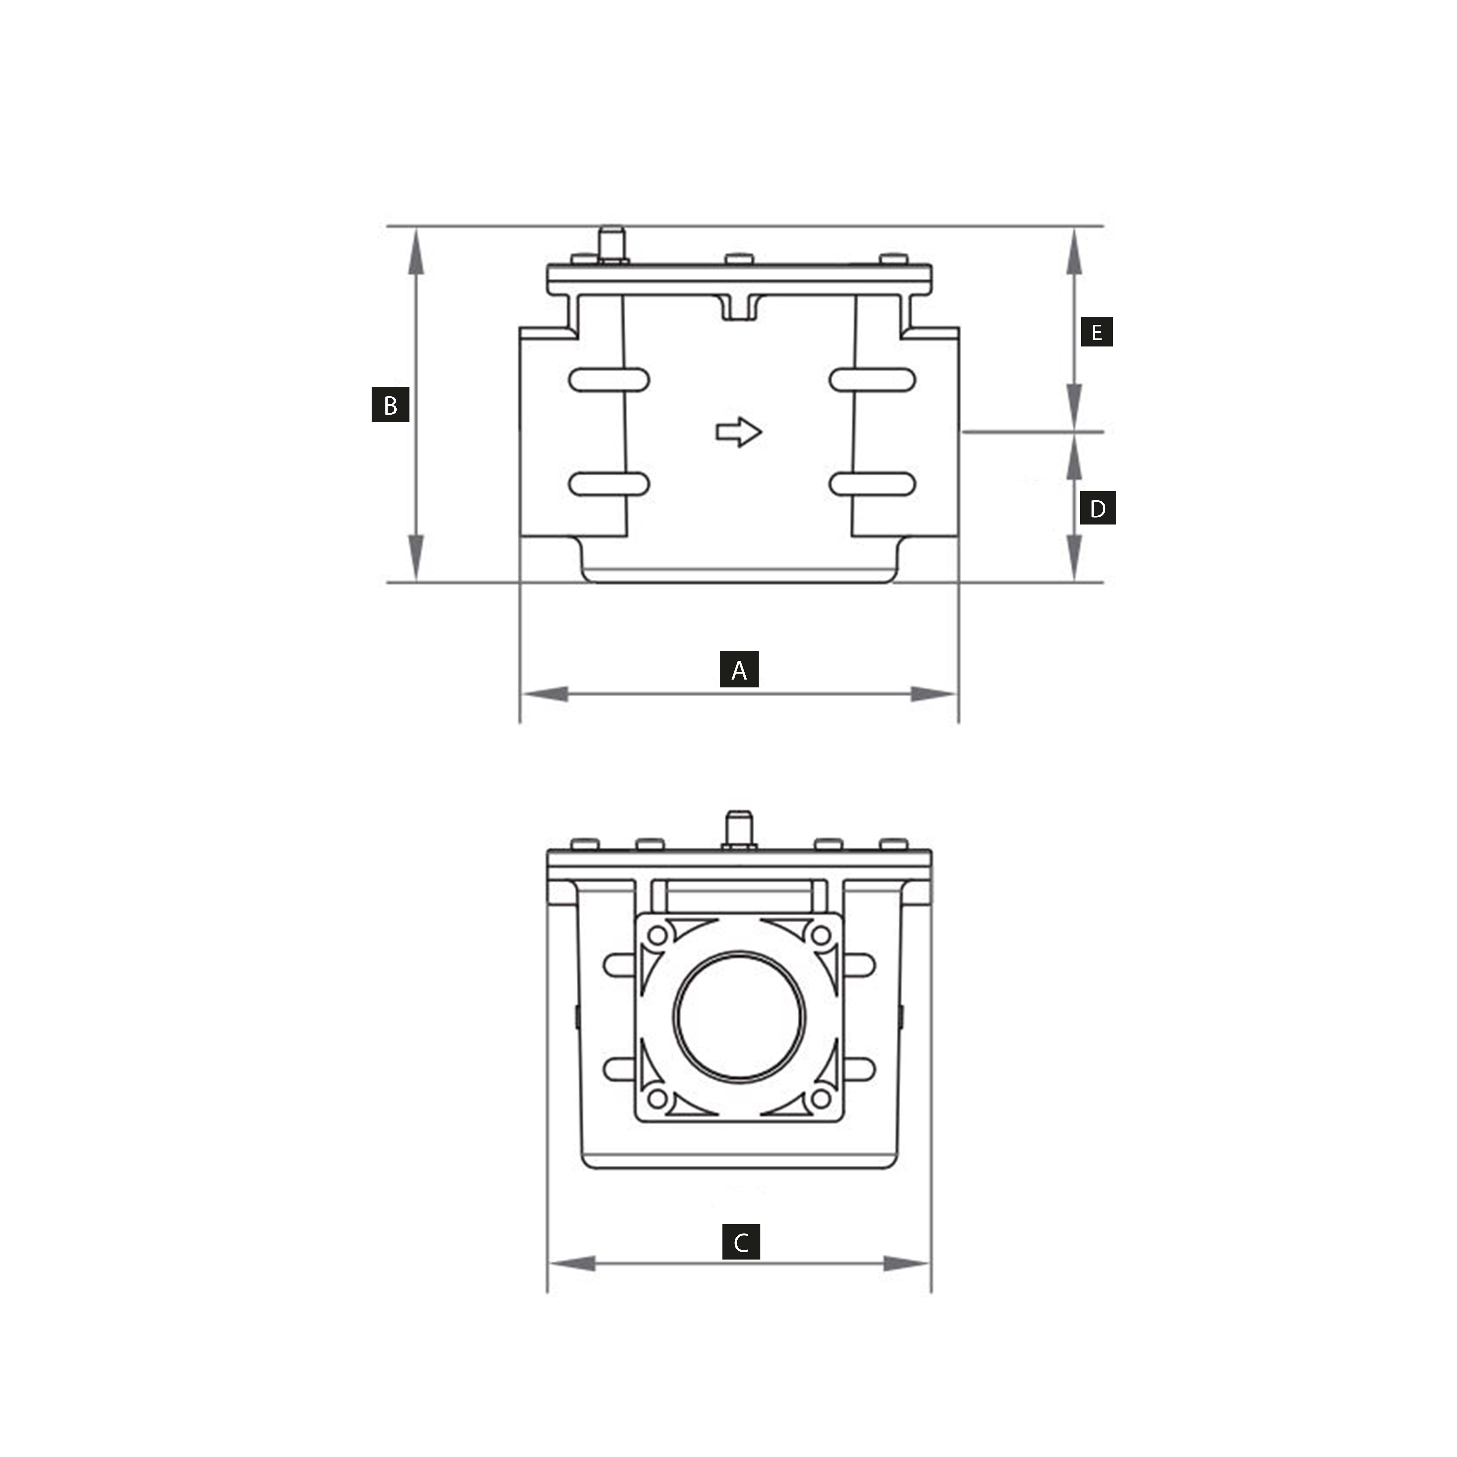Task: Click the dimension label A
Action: pos(739,669)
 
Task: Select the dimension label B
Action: pos(390,405)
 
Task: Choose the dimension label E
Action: pos(1097,332)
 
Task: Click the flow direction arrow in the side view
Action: pos(738,432)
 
